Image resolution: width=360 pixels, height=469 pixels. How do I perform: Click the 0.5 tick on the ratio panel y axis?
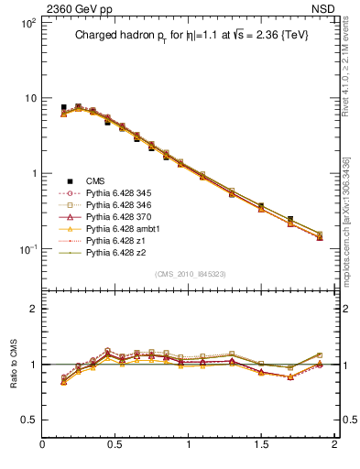click(x=30, y=420)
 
